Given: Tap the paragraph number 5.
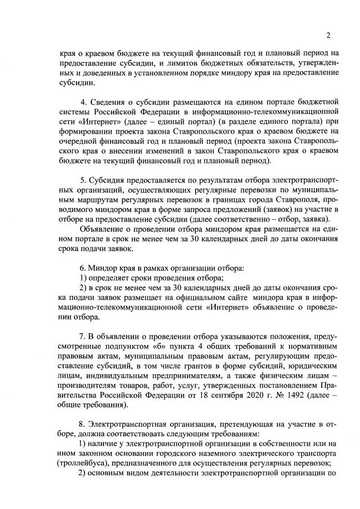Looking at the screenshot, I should pyautogui.click(x=83, y=179).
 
